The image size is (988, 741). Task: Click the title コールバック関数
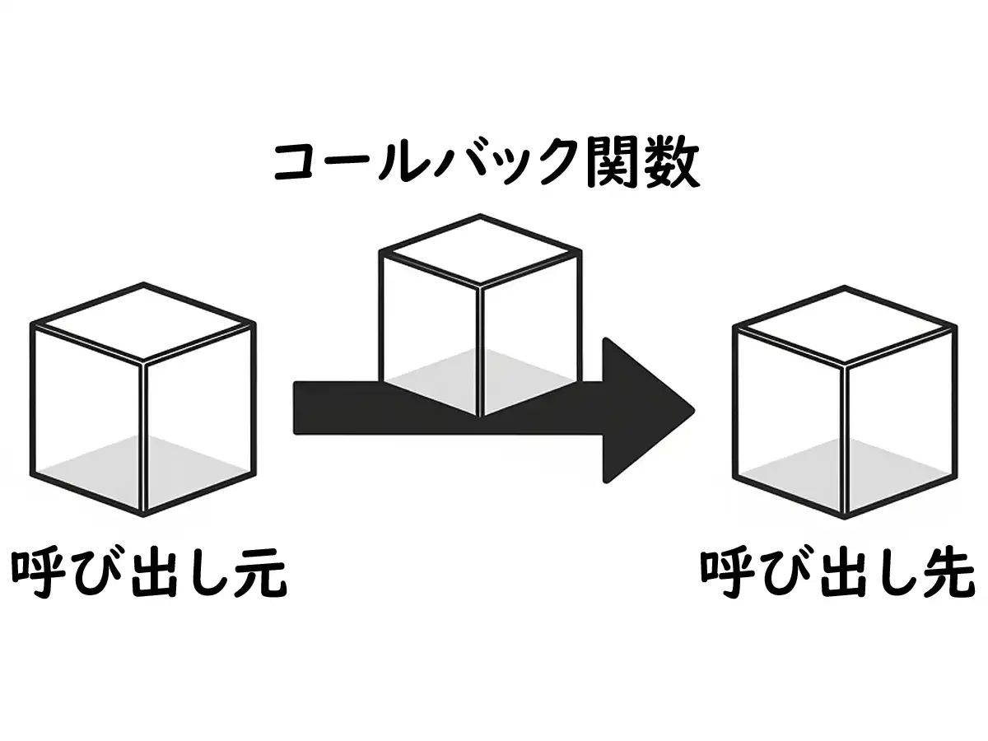click(487, 164)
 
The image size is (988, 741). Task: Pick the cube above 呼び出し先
click(845, 402)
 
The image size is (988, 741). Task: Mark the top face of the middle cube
click(481, 250)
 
